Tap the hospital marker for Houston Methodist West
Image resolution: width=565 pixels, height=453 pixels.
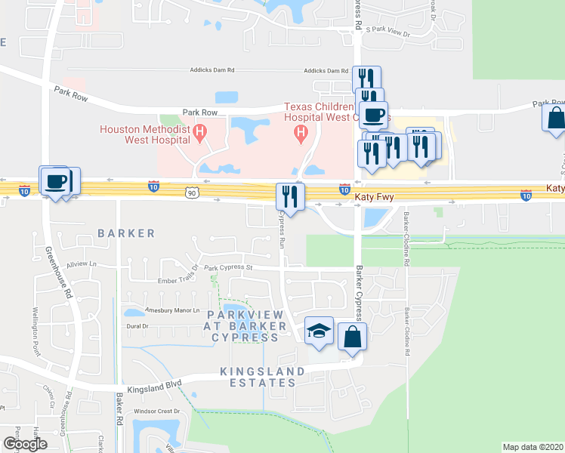pyautogui.click(x=200, y=135)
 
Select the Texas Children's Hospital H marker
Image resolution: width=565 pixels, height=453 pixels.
pyautogui.click(x=301, y=134)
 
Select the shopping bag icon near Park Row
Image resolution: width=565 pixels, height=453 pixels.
pyautogui.click(x=555, y=118)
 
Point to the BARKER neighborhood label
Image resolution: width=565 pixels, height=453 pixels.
pyautogui.click(x=125, y=233)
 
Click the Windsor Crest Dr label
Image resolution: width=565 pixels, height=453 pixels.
pyautogui.click(x=155, y=411)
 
